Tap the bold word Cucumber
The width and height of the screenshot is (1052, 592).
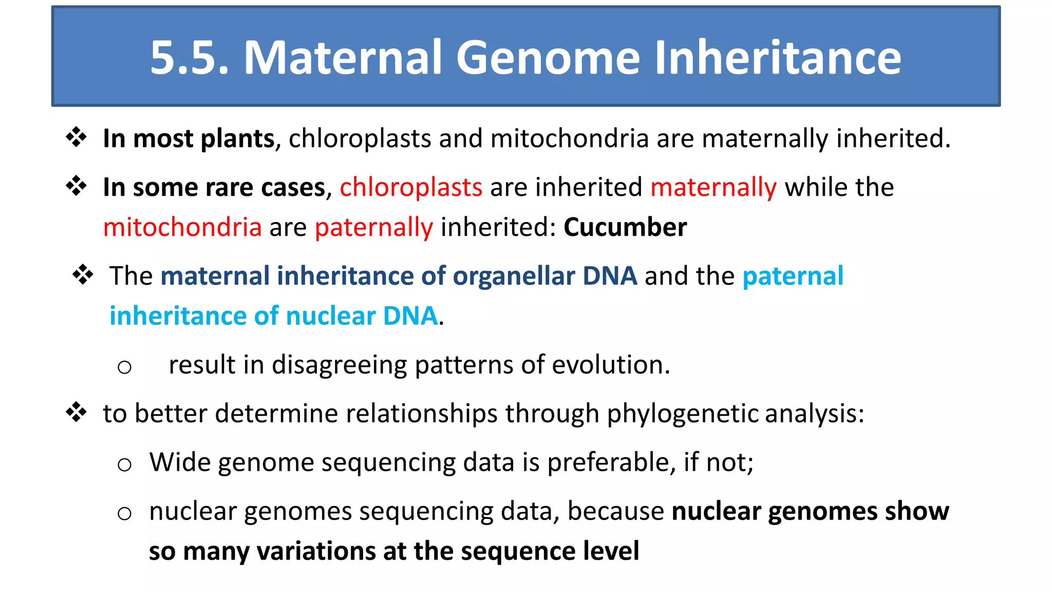tap(625, 227)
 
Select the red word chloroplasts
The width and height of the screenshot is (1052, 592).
tap(411, 187)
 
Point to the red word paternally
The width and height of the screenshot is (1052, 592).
tap(374, 227)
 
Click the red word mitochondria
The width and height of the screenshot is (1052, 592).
tap(182, 227)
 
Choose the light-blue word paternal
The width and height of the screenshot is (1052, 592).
tap(793, 276)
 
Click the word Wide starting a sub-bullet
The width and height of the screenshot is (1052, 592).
tap(180, 462)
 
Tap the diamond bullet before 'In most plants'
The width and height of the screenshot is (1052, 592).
tap(77, 137)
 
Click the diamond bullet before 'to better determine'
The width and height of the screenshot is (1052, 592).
tap(77, 412)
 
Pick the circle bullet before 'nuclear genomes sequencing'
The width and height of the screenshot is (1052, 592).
tap(124, 513)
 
